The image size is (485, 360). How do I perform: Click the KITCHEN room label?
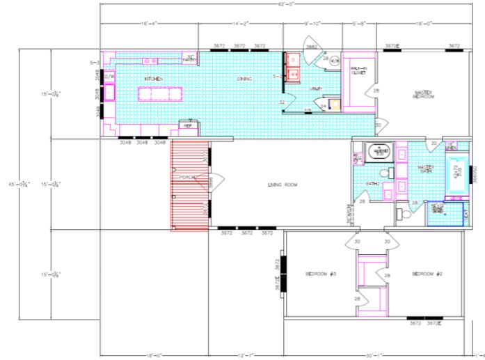point(153,79)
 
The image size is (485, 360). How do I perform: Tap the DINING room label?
point(244,79)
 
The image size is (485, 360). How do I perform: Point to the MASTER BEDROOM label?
point(424,94)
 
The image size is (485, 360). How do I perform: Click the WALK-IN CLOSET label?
point(359,70)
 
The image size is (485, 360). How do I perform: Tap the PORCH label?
point(186,178)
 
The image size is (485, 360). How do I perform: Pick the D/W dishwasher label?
point(109,77)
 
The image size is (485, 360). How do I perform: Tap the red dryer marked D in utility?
point(292,60)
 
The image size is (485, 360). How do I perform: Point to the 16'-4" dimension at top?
point(149,24)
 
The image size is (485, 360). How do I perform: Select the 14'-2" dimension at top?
point(240,24)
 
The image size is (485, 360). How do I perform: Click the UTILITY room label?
point(316,88)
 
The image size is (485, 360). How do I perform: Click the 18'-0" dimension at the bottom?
point(154,355)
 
